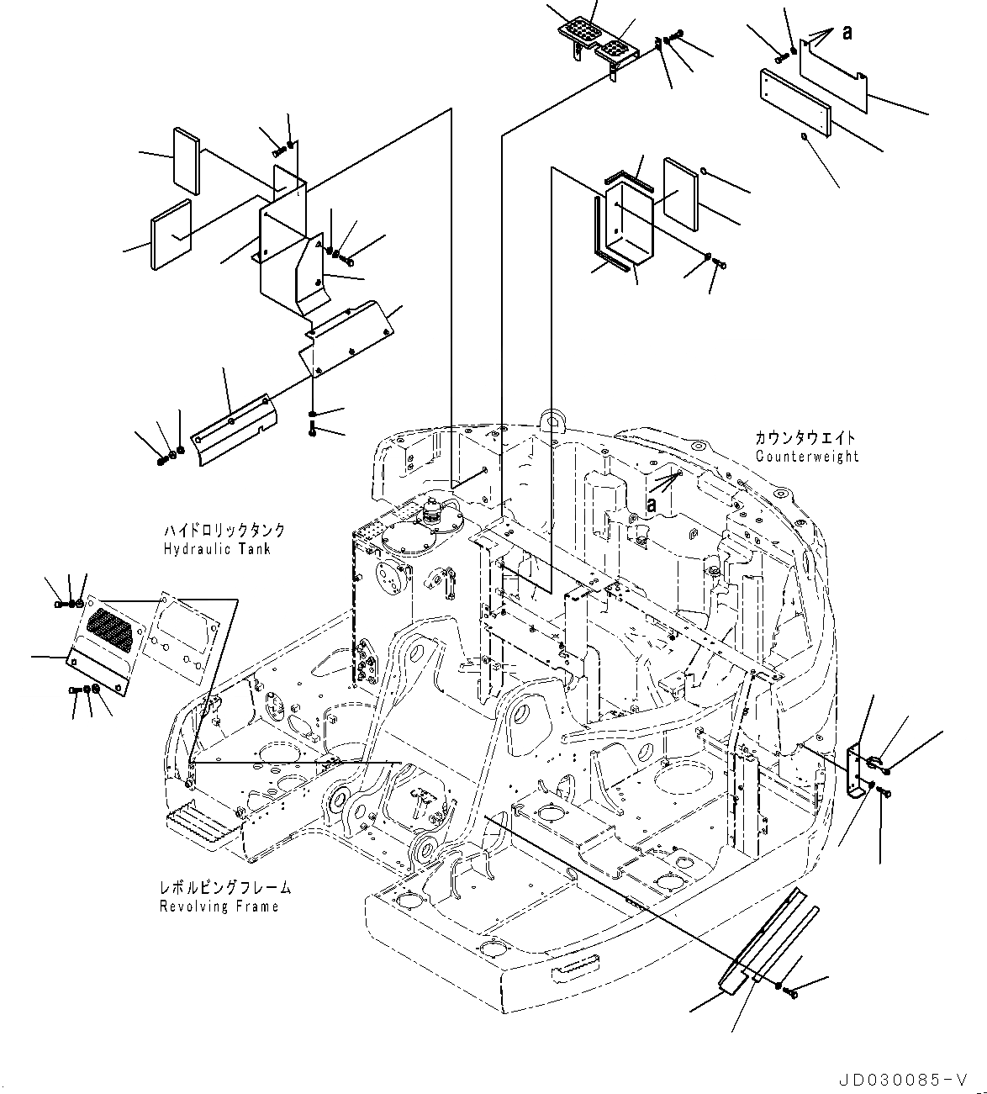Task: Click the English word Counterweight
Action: [807, 457]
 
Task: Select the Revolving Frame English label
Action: [219, 906]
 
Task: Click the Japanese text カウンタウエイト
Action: [805, 438]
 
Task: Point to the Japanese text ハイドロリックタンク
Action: [224, 531]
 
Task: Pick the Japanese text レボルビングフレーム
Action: [224, 888]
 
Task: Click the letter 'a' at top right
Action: [847, 33]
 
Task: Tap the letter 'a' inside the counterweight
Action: [652, 502]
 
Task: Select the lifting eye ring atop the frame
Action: [551, 418]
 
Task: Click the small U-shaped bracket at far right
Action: [855, 770]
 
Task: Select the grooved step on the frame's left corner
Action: [199, 822]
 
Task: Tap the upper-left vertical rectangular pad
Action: [186, 157]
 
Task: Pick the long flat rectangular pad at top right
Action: [795, 103]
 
